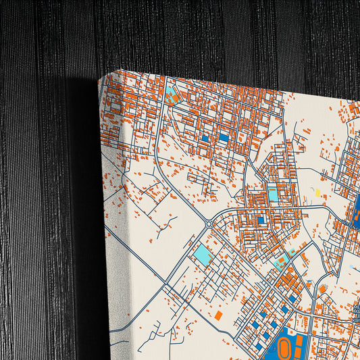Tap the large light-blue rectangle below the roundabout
[x=202, y=255]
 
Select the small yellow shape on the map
[x=318, y=193]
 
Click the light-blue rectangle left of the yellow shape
[x=273, y=195]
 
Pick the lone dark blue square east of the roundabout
[x=261, y=220]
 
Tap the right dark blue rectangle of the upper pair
[x=224, y=137]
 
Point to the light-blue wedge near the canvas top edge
[x=170, y=95]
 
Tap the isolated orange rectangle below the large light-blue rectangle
[x=218, y=315]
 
